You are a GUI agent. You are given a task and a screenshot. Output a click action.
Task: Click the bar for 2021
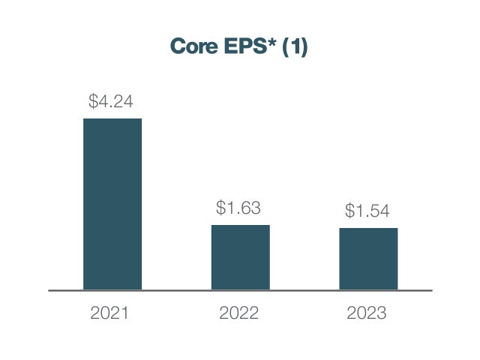(x=112, y=204)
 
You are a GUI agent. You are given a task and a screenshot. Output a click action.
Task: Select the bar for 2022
(x=240, y=257)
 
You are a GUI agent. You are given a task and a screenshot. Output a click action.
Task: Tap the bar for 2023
(x=368, y=259)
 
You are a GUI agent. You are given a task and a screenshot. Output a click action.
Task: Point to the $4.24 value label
(x=111, y=102)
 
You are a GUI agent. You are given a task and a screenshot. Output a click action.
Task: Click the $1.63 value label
(x=238, y=208)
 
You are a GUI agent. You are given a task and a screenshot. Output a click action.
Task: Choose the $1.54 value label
(x=367, y=211)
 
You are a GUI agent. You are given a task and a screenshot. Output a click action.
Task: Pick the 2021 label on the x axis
(x=110, y=313)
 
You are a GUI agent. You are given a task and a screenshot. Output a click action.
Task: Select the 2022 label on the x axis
(x=238, y=313)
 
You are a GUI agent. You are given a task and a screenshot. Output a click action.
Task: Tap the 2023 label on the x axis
(x=367, y=313)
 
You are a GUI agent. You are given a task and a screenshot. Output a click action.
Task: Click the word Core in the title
(x=192, y=47)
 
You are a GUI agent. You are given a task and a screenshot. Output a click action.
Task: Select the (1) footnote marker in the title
(x=295, y=47)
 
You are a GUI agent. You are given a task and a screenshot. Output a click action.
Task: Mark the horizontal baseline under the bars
(x=240, y=290)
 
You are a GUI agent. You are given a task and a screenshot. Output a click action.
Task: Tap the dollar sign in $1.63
(x=221, y=208)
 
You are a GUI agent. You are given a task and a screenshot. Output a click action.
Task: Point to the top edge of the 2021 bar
(x=112, y=119)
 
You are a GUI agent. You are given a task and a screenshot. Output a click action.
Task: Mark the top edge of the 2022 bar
(x=240, y=225)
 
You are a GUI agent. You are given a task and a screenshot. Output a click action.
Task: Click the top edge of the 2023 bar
(x=368, y=229)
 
